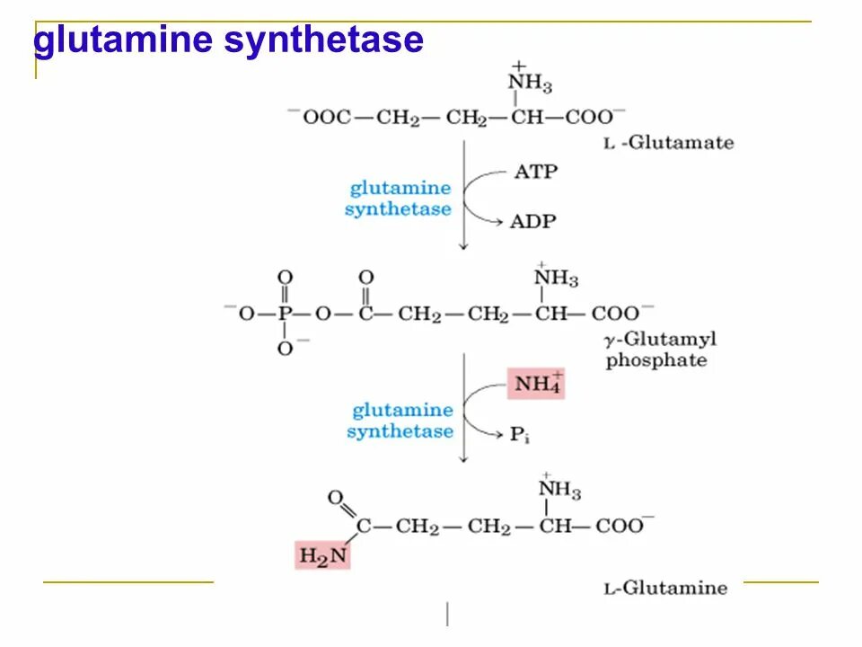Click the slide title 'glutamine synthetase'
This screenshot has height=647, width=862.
(228, 41)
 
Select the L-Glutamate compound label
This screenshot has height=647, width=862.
(668, 143)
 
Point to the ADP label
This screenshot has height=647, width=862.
(533, 220)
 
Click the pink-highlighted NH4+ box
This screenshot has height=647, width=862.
(536, 384)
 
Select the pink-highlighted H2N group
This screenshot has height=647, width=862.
(321, 554)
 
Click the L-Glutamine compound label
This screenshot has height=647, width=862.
(665, 589)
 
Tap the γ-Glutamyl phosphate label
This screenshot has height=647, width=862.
(661, 350)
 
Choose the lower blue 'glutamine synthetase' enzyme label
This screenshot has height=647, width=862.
(400, 421)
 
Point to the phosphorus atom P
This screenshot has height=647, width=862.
(286, 315)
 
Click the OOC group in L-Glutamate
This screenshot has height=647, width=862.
(326, 117)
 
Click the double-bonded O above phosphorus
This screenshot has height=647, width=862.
(285, 278)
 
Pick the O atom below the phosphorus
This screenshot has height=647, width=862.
(285, 349)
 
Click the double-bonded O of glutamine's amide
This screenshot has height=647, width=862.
(335, 498)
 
